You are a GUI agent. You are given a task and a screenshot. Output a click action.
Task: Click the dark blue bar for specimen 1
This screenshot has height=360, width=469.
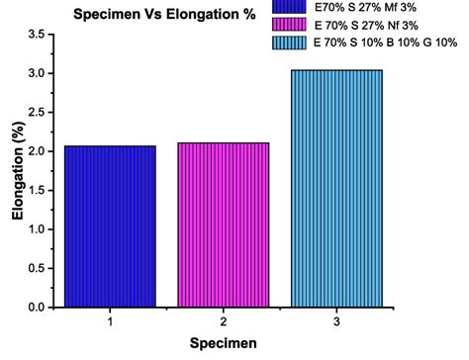[110, 226]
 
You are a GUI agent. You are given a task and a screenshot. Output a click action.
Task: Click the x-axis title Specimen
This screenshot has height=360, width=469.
[224, 343]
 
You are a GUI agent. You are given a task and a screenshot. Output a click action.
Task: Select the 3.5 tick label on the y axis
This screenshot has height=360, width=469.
[36, 36]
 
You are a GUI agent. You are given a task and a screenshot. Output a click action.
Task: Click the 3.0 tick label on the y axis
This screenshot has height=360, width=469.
[36, 74]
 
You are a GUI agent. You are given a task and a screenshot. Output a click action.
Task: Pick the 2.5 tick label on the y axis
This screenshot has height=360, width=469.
[36, 113]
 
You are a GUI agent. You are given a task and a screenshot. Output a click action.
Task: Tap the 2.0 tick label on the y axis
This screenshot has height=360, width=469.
[36, 151]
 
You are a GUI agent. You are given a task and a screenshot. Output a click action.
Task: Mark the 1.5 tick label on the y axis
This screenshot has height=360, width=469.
[36, 191]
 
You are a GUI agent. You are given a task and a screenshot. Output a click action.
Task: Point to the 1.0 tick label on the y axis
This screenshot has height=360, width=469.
[36, 229]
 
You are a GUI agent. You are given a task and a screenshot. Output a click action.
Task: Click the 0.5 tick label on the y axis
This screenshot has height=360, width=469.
[36, 268]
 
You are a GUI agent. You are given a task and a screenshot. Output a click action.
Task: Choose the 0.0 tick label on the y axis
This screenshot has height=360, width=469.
[36, 308]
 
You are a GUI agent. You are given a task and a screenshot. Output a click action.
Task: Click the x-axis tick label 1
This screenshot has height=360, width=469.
[110, 321]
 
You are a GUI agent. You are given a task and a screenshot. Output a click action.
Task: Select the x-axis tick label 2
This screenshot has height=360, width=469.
[224, 321]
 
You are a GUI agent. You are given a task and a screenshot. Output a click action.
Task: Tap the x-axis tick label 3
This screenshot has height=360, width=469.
[336, 321]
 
